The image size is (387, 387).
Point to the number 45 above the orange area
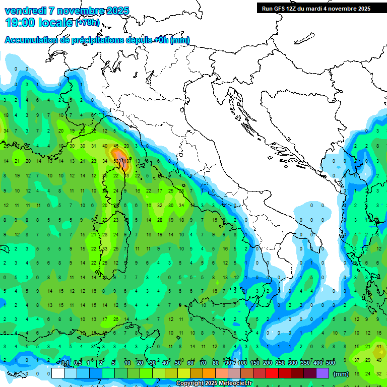coord(115,146)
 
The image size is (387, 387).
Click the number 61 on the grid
coord(93,115)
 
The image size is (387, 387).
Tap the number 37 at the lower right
coord(357,360)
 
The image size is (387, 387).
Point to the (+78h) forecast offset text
coord(87,23)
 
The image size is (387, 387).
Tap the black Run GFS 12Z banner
coord(316,9)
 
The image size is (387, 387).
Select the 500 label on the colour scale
coord(331,363)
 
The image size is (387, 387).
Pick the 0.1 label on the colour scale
coord(65,363)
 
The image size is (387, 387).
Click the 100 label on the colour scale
coord(242,363)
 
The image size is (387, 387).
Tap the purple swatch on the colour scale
coord(322,373)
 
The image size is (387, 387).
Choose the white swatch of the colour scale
coord(58,373)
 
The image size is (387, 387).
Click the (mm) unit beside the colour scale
coord(341,373)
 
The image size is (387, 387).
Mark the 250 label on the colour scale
coord(280,363)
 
